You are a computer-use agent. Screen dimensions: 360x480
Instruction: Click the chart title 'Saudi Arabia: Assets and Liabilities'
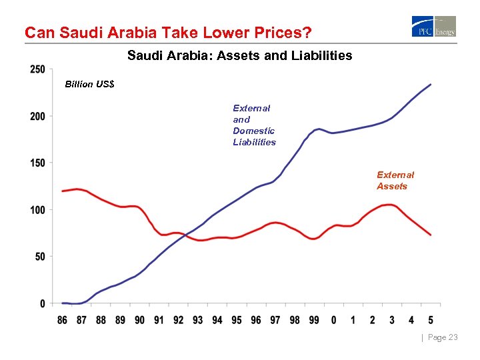tap(239, 56)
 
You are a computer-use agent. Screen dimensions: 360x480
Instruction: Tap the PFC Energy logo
tap(434, 27)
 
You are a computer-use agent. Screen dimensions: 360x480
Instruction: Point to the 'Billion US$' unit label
tap(89, 85)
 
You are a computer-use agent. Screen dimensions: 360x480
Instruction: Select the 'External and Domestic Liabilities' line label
tap(254, 125)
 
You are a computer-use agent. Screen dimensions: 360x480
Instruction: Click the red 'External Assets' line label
tap(395, 181)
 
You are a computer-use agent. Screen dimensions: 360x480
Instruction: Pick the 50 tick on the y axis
tap(39, 257)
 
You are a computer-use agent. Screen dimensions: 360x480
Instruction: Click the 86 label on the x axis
tap(62, 320)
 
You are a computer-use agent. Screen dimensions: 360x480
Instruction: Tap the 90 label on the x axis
tap(139, 320)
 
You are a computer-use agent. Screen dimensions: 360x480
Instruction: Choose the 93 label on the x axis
tap(197, 320)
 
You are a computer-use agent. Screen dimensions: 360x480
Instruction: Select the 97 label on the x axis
tap(275, 320)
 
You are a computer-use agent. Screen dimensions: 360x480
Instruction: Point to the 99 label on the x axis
tap(314, 320)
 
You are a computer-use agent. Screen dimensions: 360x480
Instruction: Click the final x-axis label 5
tap(431, 320)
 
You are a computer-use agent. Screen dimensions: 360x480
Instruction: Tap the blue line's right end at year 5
tap(431, 85)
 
